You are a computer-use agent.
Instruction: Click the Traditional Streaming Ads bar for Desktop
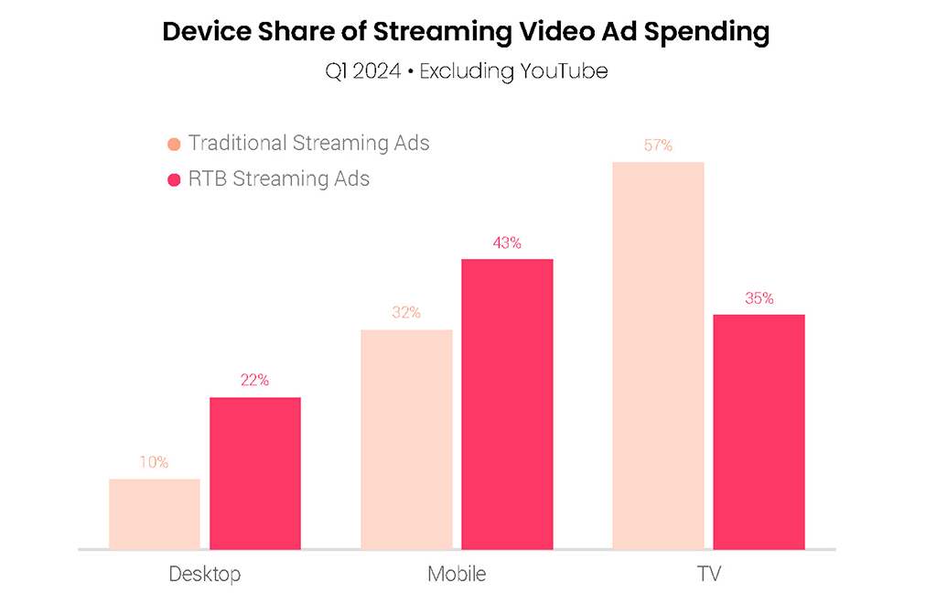point(155,514)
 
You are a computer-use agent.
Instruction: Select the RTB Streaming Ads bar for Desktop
point(255,473)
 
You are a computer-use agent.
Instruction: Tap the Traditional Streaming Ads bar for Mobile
point(406,439)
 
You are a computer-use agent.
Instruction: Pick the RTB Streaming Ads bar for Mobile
point(507,404)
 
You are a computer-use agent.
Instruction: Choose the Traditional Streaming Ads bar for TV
point(658,356)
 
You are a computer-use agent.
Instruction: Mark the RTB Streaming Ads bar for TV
point(759,431)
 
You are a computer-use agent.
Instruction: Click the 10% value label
point(154,462)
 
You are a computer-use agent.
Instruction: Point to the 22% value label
point(254,381)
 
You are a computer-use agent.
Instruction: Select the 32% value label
point(406,312)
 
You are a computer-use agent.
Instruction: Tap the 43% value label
point(507,243)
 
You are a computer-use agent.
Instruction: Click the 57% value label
point(658,145)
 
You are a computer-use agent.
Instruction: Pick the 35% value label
point(759,297)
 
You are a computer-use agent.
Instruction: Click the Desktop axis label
point(205,575)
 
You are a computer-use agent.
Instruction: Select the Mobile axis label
point(457,575)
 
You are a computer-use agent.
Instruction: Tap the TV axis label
point(708,575)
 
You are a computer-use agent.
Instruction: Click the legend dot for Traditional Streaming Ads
point(175,145)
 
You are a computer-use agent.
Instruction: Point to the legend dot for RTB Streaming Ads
point(175,179)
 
